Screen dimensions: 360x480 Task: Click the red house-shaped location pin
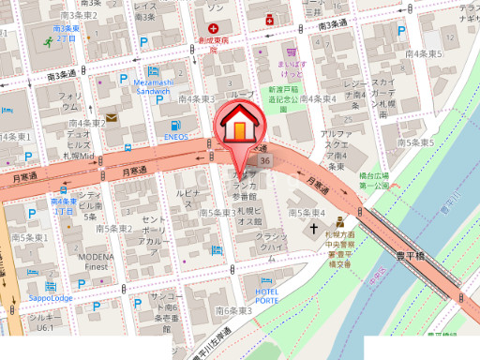(x=241, y=127)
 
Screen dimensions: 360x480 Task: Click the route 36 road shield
(x=266, y=162)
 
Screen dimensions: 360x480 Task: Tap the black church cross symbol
(x=318, y=229)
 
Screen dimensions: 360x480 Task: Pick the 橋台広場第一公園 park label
(x=373, y=180)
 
